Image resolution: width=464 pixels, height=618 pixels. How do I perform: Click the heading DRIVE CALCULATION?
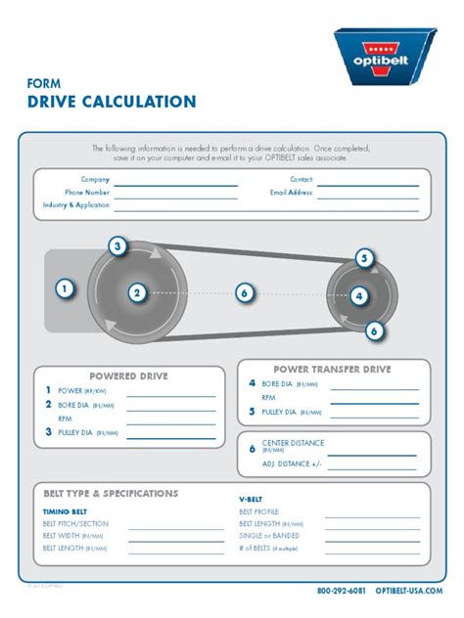(x=112, y=101)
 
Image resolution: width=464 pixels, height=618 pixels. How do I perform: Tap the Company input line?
(x=176, y=182)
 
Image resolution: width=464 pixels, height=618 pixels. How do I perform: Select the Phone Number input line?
(x=176, y=195)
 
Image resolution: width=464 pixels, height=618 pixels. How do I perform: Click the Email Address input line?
(x=367, y=195)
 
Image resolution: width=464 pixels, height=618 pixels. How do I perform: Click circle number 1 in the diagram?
(x=64, y=288)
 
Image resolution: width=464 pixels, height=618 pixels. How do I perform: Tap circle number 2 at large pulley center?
(x=137, y=292)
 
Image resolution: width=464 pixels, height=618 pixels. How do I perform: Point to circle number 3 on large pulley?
(x=117, y=246)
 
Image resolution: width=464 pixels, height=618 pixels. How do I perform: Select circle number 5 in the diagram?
(x=364, y=259)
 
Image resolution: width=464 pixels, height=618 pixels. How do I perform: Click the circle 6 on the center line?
(x=245, y=292)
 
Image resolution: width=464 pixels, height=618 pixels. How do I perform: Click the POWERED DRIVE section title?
(x=129, y=375)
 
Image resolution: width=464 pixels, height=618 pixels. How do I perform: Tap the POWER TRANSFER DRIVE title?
(x=332, y=370)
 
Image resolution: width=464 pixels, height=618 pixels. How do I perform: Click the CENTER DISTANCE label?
(x=293, y=443)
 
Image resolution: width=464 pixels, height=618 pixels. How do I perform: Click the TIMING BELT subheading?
(x=67, y=511)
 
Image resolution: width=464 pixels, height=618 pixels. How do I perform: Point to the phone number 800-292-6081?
(x=342, y=592)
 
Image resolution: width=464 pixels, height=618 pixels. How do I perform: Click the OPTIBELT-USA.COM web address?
(x=409, y=592)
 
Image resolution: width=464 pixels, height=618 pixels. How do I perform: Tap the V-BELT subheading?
(x=251, y=499)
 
